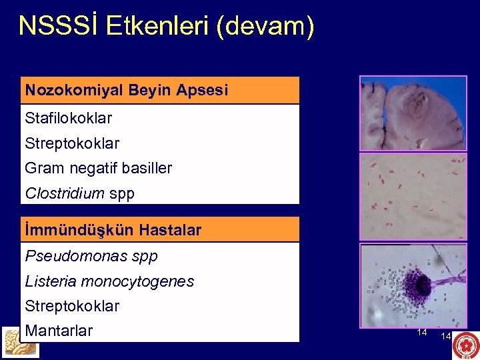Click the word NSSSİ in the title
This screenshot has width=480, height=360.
[x=57, y=26]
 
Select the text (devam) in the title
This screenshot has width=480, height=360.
[x=271, y=26]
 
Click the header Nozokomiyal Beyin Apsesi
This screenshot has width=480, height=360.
[x=126, y=90]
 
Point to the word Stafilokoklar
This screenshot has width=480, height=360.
[x=68, y=119]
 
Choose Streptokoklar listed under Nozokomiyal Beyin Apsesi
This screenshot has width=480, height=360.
[x=72, y=143]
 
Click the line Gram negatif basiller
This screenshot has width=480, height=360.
[x=98, y=169]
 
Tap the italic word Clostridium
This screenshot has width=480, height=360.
[x=65, y=194]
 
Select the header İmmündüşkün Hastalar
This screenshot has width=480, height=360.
[x=113, y=231]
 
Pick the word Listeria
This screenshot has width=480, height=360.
[x=50, y=281]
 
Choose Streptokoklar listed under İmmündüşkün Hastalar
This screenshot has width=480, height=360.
[x=72, y=306]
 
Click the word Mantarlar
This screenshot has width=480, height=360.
[x=59, y=331]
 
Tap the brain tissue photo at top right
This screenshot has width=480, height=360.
[x=413, y=113]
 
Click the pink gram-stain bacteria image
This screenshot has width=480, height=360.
[x=413, y=197]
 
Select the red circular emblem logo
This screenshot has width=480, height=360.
[x=465, y=345]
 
